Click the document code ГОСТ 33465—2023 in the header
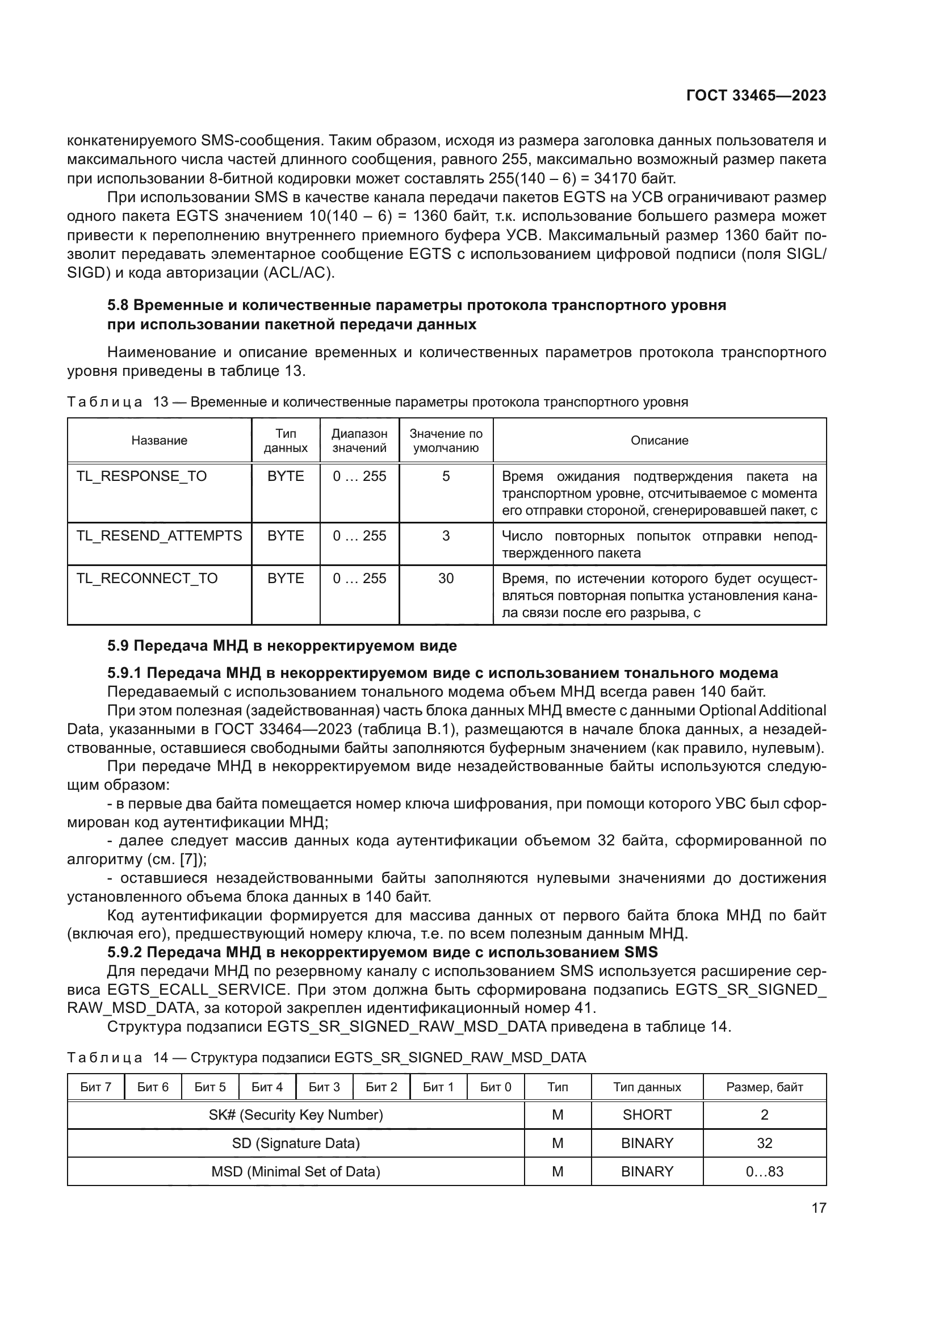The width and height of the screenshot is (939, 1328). pyautogui.click(x=756, y=95)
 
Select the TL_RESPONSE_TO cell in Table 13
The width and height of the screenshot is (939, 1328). pyautogui.click(x=142, y=476)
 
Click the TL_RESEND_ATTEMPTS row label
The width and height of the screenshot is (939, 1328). pyautogui.click(x=159, y=535)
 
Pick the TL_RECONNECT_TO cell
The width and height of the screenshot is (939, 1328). pyautogui.click(x=147, y=579)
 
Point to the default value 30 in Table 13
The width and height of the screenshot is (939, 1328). pyautogui.click(x=446, y=579)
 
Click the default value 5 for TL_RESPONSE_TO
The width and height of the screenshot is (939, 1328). pyautogui.click(x=446, y=476)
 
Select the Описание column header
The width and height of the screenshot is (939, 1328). pyautogui.click(x=659, y=440)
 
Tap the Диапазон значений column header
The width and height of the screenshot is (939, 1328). pyautogui.click(x=359, y=440)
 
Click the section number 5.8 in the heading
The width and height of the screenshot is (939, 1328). pyautogui.click(x=118, y=305)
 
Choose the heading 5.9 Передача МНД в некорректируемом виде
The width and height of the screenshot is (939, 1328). pyautogui.click(x=282, y=646)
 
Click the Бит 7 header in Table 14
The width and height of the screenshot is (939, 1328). pyautogui.click(x=95, y=1087)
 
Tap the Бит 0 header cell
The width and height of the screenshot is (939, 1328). pyautogui.click(x=496, y=1087)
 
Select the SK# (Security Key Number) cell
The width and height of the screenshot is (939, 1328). pyautogui.click(x=295, y=1115)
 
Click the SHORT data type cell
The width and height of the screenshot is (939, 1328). pyautogui.click(x=647, y=1115)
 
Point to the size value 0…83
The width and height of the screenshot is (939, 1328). pyautogui.click(x=764, y=1171)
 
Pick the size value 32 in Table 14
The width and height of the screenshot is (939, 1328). pyautogui.click(x=764, y=1143)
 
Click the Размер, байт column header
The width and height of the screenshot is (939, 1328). pyautogui.click(x=764, y=1087)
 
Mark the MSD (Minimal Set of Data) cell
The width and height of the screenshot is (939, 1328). pyautogui.click(x=295, y=1171)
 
